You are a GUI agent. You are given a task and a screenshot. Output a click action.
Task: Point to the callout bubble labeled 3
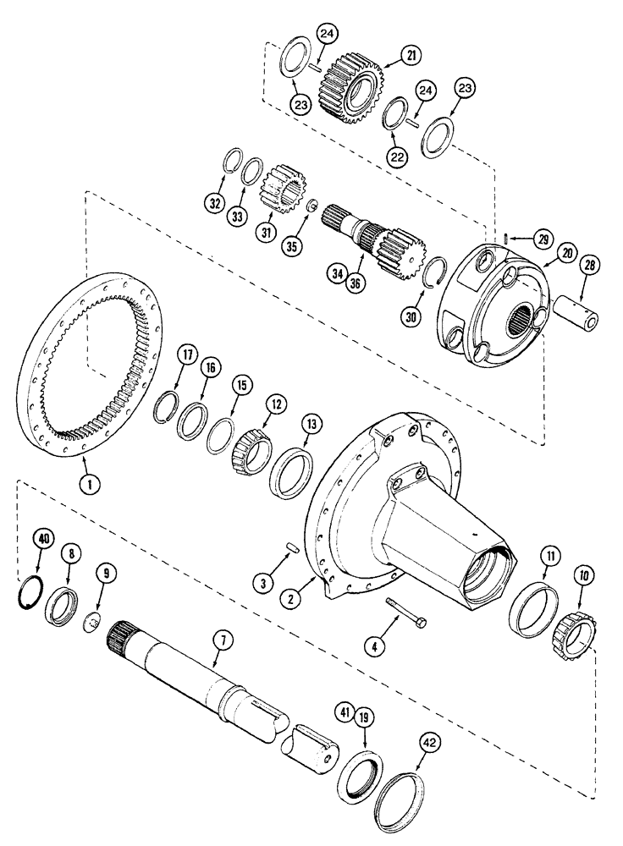click(263, 583)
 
